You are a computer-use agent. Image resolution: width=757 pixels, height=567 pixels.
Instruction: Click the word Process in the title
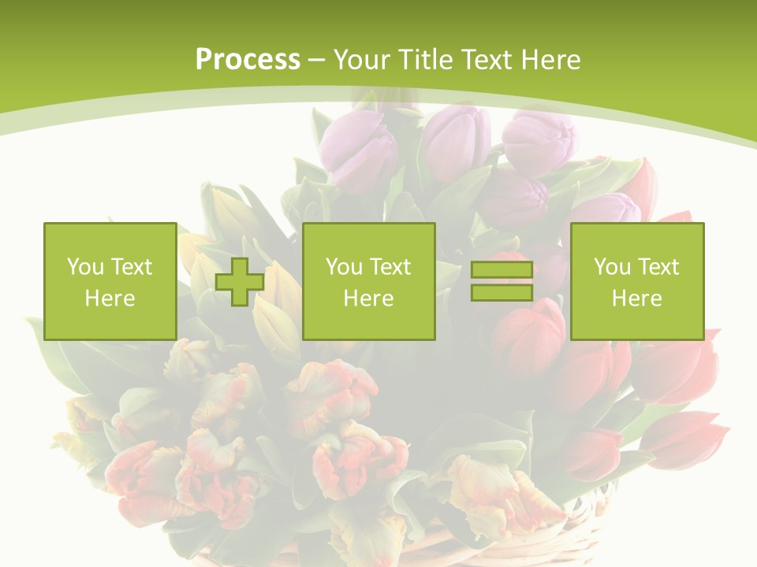click(x=248, y=60)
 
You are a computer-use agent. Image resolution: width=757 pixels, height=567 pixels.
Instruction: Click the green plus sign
click(x=240, y=281)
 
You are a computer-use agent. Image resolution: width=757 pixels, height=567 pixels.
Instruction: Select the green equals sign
click(x=502, y=281)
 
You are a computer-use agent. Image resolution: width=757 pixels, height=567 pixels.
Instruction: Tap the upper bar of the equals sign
click(x=502, y=270)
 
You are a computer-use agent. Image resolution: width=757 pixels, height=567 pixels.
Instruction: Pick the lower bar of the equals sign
click(x=502, y=292)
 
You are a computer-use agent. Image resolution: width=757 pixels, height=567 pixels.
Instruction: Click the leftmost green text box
click(x=110, y=281)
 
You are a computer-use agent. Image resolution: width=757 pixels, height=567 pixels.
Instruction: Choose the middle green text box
click(x=368, y=281)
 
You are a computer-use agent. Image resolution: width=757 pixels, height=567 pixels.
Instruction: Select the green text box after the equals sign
click(x=636, y=281)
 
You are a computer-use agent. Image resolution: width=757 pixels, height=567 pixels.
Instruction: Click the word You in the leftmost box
click(x=85, y=267)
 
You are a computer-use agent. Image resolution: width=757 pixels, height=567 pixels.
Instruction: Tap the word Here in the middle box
click(x=368, y=298)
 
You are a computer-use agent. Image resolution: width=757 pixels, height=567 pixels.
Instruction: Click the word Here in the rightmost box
click(x=636, y=298)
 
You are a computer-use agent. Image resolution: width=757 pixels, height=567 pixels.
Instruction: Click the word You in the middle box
click(x=344, y=267)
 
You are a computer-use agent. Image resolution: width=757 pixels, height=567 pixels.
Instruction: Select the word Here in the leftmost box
click(x=110, y=298)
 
